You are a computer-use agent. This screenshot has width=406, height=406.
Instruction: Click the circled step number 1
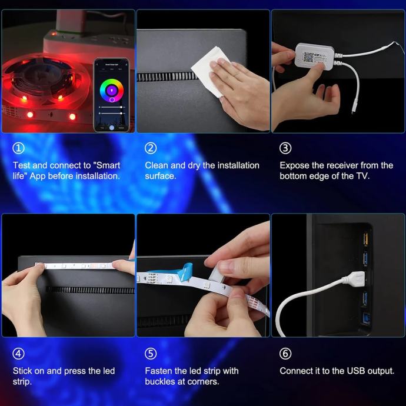tap(19, 148)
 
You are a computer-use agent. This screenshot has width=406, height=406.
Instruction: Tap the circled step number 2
tap(151, 148)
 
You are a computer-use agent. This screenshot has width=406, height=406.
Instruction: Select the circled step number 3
tap(285, 148)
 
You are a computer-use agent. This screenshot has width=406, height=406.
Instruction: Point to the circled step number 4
tap(19, 354)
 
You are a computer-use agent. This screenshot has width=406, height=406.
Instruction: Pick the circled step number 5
tap(151, 354)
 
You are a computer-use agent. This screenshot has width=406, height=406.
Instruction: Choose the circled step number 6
tap(285, 354)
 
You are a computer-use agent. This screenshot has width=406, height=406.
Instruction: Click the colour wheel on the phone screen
tap(112, 91)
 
